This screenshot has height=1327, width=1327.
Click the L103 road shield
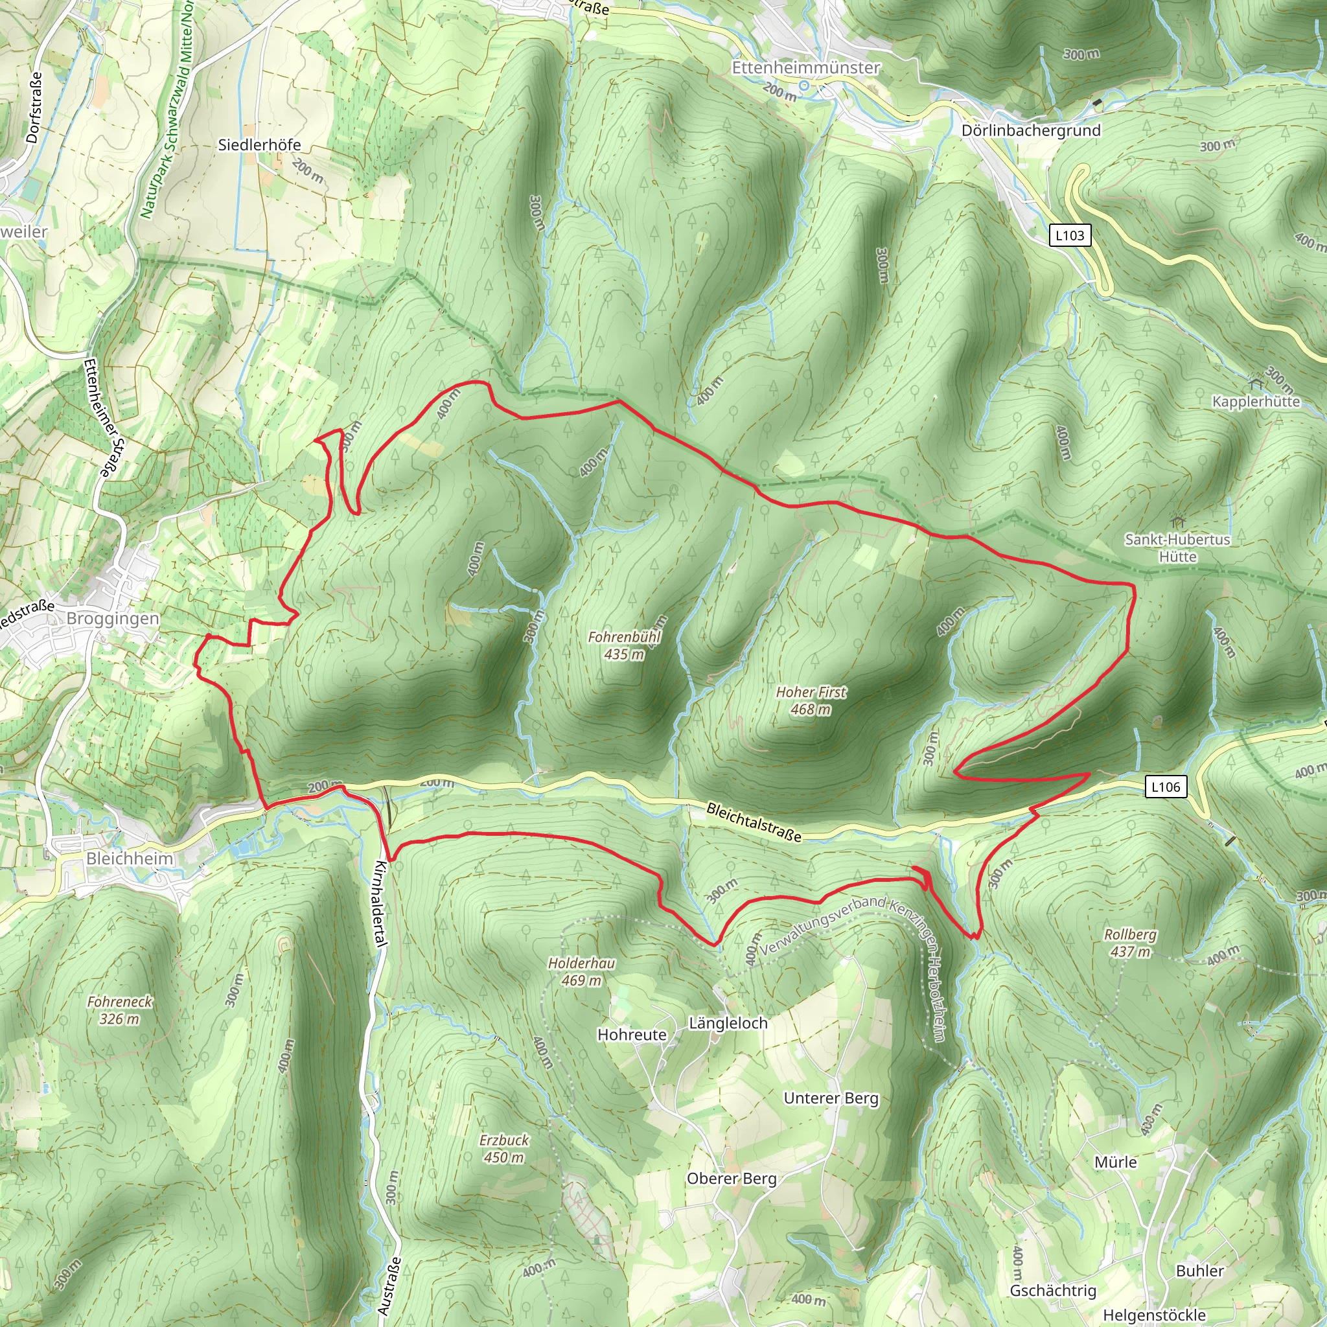tap(1069, 236)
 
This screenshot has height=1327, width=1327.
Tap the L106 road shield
tap(1166, 787)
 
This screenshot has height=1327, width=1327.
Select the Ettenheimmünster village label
tap(805, 67)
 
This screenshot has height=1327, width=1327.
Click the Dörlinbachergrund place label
tap(1030, 130)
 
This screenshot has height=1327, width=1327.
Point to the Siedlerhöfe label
tap(259, 145)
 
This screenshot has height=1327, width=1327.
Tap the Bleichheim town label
tap(130, 859)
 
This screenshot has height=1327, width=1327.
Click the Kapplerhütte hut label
tap(1256, 401)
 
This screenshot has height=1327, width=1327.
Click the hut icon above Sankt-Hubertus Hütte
tap(1179, 522)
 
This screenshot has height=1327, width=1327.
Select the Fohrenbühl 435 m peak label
tap(625, 645)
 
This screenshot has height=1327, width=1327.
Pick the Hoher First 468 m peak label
tap(811, 700)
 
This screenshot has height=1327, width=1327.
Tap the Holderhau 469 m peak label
tap(581, 972)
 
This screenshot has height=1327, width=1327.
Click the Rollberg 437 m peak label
tap(1130, 943)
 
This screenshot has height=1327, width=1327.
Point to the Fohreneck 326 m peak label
tap(119, 1010)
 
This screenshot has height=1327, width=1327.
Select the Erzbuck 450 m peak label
tap(504, 1148)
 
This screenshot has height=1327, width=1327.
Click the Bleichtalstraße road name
tap(754, 822)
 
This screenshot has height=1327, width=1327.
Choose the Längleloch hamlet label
tap(728, 1023)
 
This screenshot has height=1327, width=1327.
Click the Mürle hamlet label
tap(1116, 1162)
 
